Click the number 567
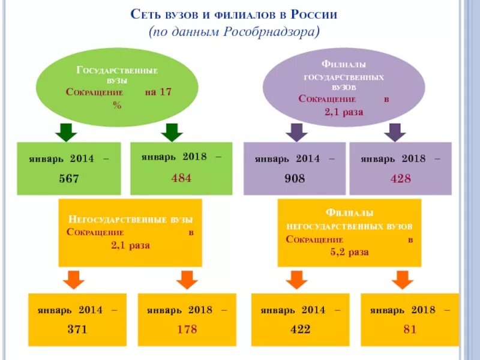68,179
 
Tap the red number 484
181,178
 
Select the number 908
295,179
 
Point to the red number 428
400,179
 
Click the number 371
77,329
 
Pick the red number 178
187,329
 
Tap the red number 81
410,329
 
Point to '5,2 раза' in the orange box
349,252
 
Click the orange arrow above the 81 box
403,280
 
